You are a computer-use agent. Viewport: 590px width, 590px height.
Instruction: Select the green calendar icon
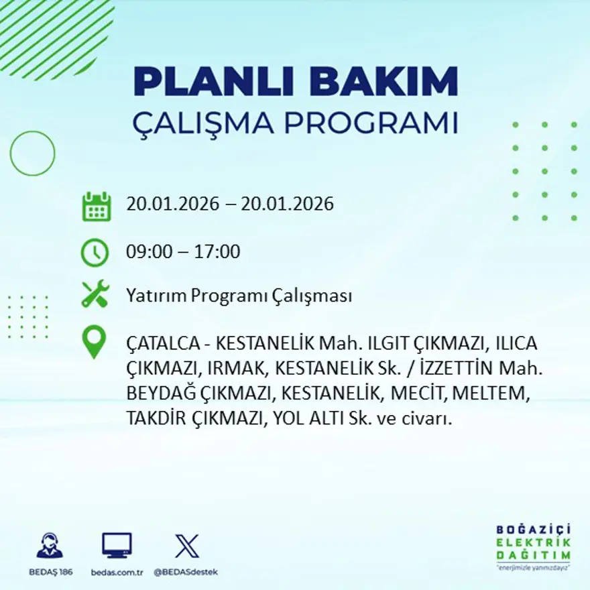click(96, 206)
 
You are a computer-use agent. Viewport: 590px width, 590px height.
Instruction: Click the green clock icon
click(95, 253)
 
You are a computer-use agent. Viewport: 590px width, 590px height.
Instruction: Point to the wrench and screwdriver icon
click(95, 295)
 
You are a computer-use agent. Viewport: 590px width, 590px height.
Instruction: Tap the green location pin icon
click(94, 341)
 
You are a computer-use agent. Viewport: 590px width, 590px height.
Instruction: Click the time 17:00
click(217, 252)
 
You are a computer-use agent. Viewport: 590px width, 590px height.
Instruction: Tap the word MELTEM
click(499, 394)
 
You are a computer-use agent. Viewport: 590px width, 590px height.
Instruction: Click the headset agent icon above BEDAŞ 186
click(50, 546)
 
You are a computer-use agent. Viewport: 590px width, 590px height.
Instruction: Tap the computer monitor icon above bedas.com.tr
click(117, 546)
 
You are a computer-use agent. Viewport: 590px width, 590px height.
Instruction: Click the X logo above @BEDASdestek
click(187, 546)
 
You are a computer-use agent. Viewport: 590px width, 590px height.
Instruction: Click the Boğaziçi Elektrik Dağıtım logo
click(533, 546)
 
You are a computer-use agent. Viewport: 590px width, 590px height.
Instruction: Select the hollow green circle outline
click(32, 154)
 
